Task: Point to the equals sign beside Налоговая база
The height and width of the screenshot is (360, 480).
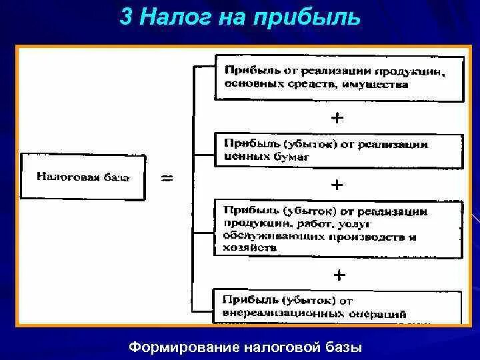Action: (167, 178)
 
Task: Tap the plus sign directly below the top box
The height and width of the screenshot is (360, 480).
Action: (338, 118)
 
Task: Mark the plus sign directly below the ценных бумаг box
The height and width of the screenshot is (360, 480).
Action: (338, 183)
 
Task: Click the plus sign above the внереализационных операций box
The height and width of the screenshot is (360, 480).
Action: (339, 274)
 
